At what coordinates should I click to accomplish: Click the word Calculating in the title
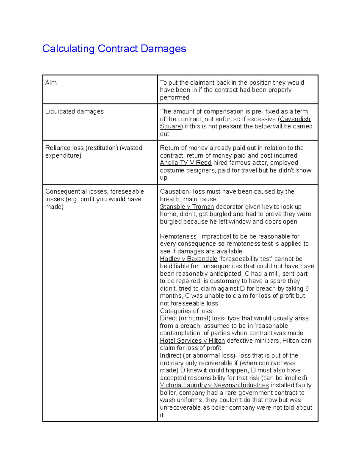[x=68, y=49]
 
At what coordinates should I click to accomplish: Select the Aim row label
[x=51, y=83]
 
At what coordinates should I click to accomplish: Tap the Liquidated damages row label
[x=74, y=111]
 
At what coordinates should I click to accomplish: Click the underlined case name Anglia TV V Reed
[x=185, y=163]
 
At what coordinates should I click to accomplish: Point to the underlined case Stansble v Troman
[x=187, y=207]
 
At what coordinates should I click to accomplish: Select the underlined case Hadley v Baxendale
[x=188, y=259]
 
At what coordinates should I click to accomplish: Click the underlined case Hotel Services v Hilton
[x=192, y=341]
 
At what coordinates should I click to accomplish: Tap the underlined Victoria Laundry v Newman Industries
[x=214, y=385]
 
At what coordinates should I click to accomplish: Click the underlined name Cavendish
[x=295, y=119]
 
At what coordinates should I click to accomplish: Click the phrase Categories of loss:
[x=186, y=311]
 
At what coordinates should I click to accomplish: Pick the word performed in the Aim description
[x=174, y=98]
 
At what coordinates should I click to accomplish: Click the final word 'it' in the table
[x=162, y=415]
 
